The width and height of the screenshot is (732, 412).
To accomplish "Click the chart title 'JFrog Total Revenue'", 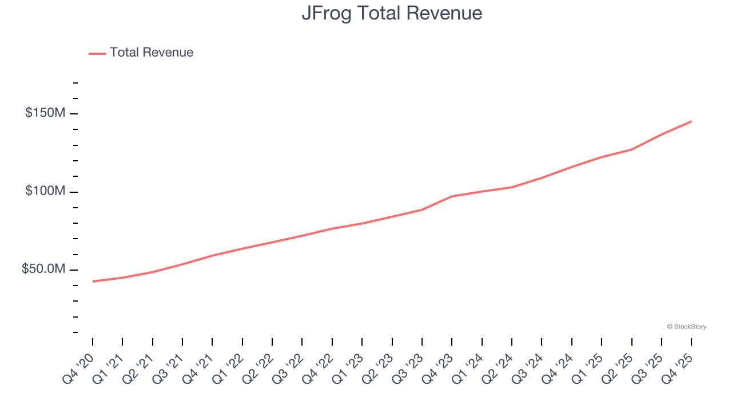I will (392, 13).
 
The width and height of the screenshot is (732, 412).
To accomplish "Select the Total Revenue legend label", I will (152, 53).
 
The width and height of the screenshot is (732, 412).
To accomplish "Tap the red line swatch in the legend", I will (97, 53).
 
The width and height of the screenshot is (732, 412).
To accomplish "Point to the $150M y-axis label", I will (45, 113).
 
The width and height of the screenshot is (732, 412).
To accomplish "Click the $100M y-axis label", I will (45, 191).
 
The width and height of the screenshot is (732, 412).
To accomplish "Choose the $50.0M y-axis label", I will (43, 269).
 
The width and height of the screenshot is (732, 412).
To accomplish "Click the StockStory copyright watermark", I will (686, 327).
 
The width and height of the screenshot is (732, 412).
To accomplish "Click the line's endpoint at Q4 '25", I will (691, 121).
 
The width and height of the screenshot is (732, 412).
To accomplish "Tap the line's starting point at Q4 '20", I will (93, 281).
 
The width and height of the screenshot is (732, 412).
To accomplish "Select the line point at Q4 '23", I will (452, 196).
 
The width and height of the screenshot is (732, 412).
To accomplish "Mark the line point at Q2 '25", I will (631, 149).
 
